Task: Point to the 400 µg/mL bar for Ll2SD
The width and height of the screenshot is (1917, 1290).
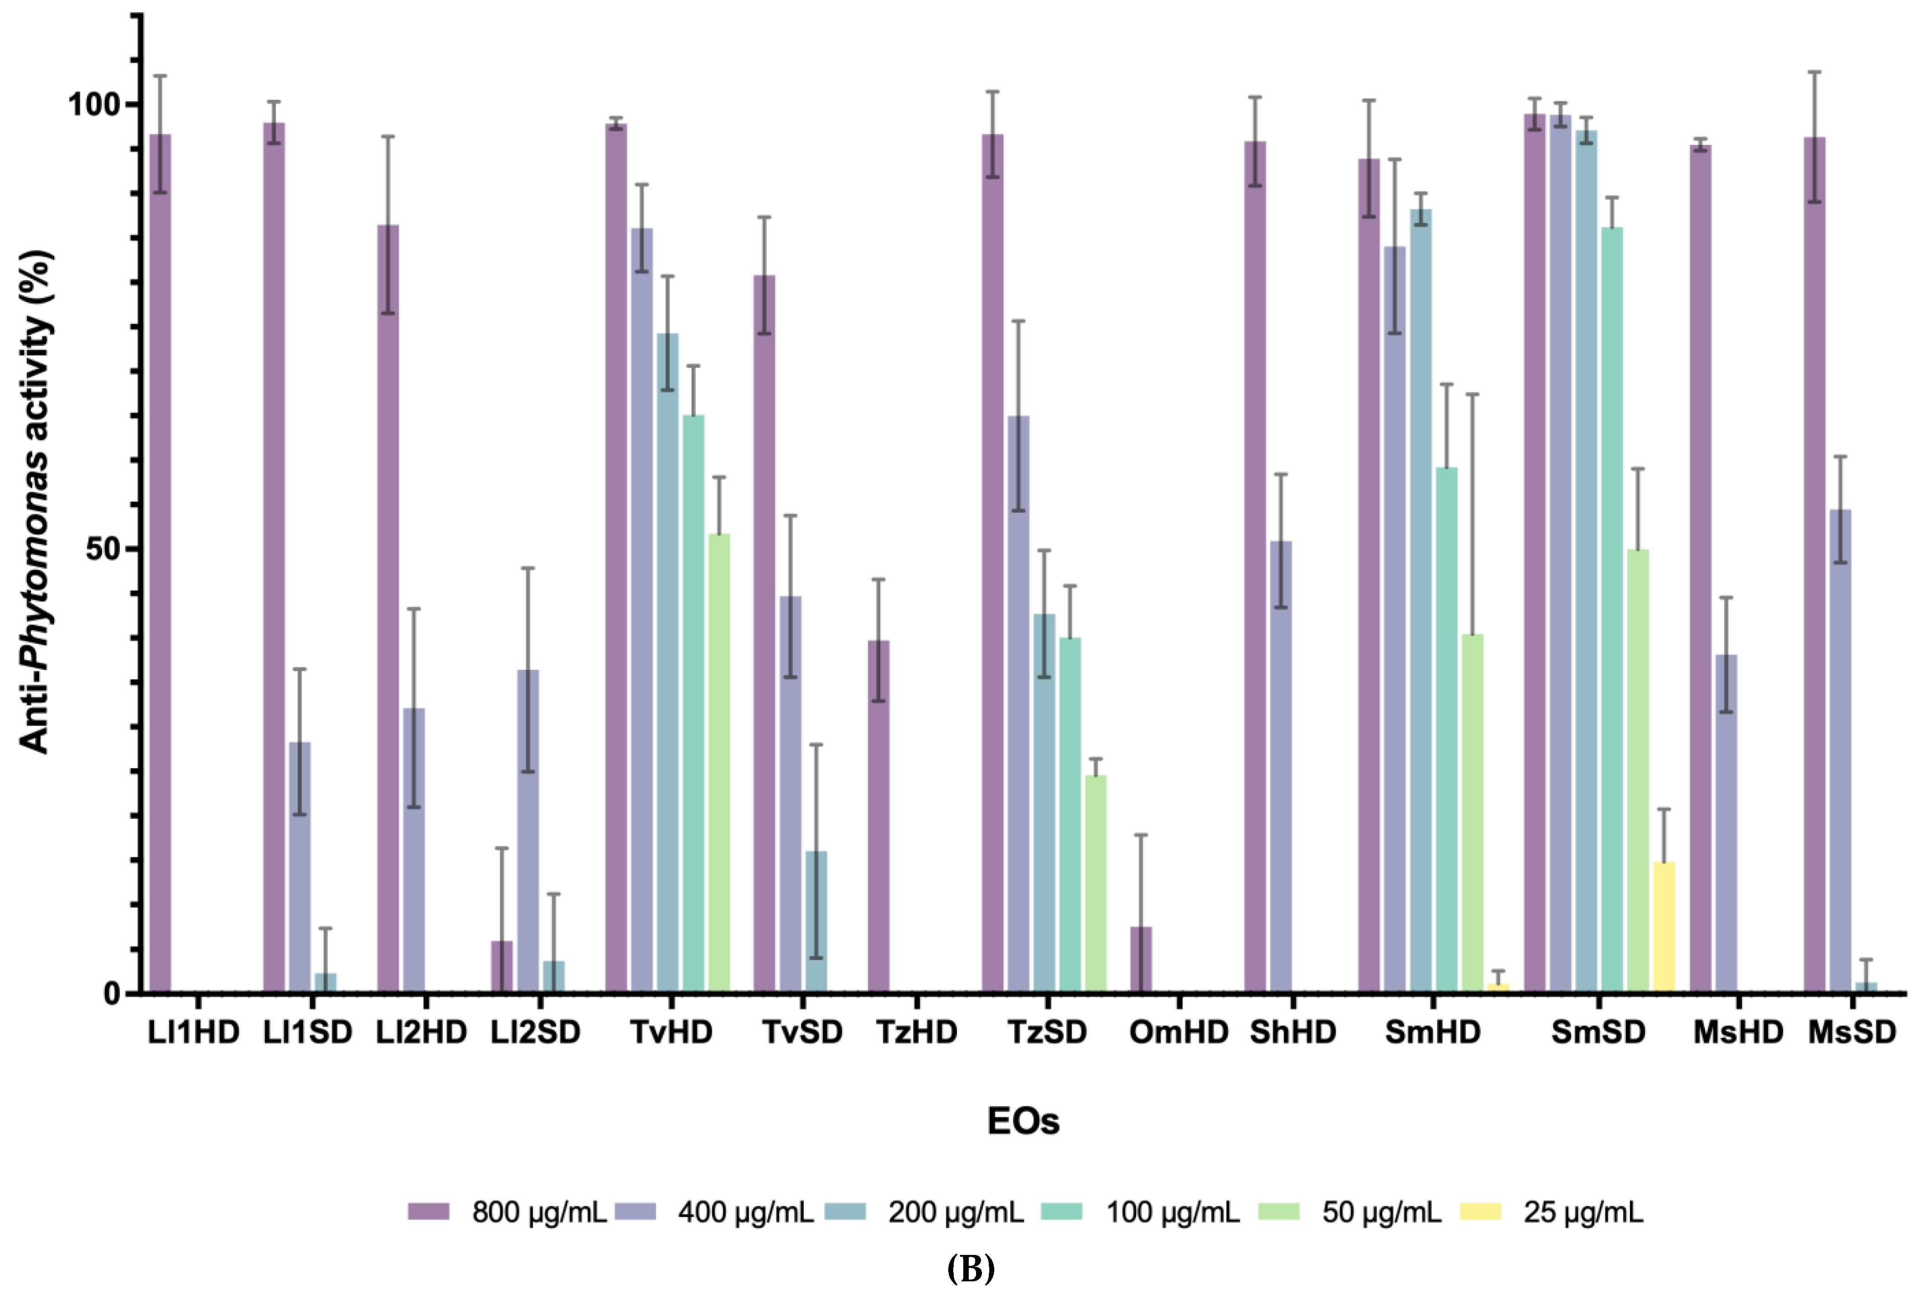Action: click(x=528, y=831)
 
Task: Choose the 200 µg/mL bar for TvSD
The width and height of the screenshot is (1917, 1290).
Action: click(x=816, y=921)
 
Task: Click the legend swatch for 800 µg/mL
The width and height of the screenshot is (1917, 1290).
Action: click(x=429, y=1212)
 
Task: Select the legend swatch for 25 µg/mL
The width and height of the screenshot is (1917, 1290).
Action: click(x=1480, y=1212)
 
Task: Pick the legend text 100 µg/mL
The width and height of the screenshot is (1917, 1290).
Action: click(x=1172, y=1212)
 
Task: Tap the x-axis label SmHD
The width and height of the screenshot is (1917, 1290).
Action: click(x=1433, y=1032)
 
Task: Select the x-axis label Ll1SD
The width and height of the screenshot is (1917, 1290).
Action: click(x=308, y=1032)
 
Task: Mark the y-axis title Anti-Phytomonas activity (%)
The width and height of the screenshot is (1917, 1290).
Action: click(x=36, y=502)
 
